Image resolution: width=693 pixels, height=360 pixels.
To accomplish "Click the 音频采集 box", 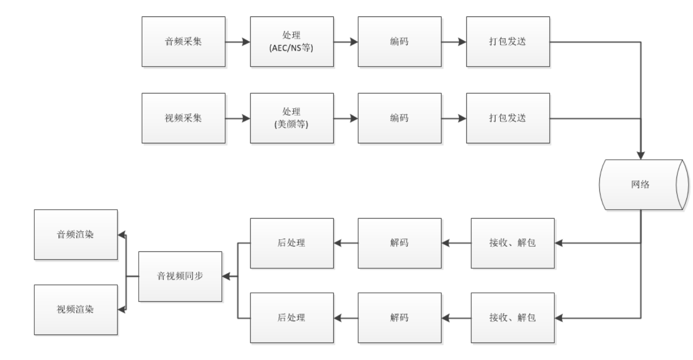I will point(183,41).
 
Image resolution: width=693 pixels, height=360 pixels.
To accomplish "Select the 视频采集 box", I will point(183,118).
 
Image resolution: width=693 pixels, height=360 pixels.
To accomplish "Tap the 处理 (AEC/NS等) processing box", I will point(292,41).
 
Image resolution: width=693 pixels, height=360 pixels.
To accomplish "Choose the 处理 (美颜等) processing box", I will point(292,118).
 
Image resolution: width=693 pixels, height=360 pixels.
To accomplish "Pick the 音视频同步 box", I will point(180,276).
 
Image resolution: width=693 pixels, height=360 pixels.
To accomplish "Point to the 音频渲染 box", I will point(76,235).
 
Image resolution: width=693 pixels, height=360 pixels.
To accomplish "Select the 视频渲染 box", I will point(76,309).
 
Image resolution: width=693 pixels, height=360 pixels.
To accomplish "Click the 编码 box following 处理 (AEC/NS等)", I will point(400,41).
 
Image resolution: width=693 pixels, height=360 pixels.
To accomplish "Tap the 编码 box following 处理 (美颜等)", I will point(400,118).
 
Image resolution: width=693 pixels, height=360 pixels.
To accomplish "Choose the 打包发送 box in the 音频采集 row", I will point(508,41).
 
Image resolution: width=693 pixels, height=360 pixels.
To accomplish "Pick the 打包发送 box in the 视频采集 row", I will point(508,118).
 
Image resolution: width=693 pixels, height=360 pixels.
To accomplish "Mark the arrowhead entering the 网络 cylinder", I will point(640,157).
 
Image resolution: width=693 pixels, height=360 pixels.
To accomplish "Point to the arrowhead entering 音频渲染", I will point(121,235).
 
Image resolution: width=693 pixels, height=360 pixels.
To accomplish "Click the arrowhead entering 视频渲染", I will point(121,309).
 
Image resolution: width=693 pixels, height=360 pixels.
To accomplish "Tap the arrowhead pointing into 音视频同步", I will point(226,277).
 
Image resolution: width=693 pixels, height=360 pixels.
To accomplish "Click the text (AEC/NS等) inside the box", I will point(292,47).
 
